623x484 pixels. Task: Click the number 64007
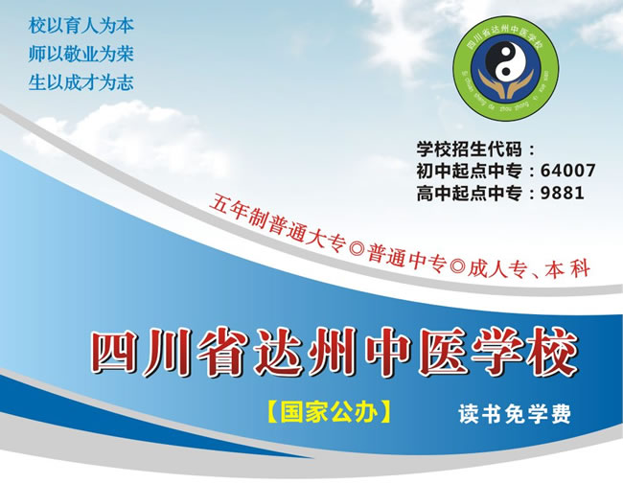point(568,171)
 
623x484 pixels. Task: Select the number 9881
point(563,193)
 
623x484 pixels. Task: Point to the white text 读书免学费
point(515,415)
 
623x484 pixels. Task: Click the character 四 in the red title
point(112,356)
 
